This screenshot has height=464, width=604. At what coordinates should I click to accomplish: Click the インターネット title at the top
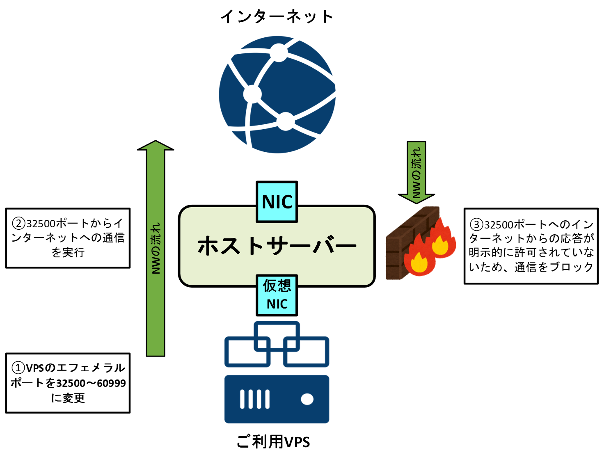pyautogui.click(x=277, y=17)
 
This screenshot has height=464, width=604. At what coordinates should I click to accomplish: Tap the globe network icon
pyautogui.click(x=277, y=94)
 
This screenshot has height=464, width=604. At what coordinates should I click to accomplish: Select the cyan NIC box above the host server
pyautogui.click(x=277, y=202)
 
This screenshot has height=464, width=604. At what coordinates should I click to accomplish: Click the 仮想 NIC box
pyautogui.click(x=277, y=295)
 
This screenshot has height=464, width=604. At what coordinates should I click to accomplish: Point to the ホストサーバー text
pyautogui.click(x=277, y=246)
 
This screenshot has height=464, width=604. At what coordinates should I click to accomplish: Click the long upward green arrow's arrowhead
pyautogui.click(x=156, y=146)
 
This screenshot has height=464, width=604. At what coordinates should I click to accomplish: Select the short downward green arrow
pyautogui.click(x=416, y=172)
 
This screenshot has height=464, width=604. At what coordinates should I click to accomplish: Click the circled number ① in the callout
pyautogui.click(x=18, y=368)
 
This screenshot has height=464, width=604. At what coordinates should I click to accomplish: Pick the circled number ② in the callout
pyautogui.click(x=19, y=224)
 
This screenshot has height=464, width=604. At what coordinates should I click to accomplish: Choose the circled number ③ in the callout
pyautogui.click(x=476, y=224)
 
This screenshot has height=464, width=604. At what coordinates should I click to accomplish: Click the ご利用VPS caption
pyautogui.click(x=273, y=442)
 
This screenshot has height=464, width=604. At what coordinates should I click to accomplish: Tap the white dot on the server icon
pyautogui.click(x=307, y=399)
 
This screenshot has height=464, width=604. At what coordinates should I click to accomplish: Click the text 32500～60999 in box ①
pyautogui.click(x=91, y=383)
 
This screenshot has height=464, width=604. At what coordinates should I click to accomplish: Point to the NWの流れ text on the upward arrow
pyautogui.click(x=156, y=248)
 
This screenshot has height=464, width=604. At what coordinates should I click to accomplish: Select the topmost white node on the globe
pyautogui.click(x=279, y=53)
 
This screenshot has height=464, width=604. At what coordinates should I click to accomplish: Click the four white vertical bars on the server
pyautogui.click(x=255, y=399)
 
